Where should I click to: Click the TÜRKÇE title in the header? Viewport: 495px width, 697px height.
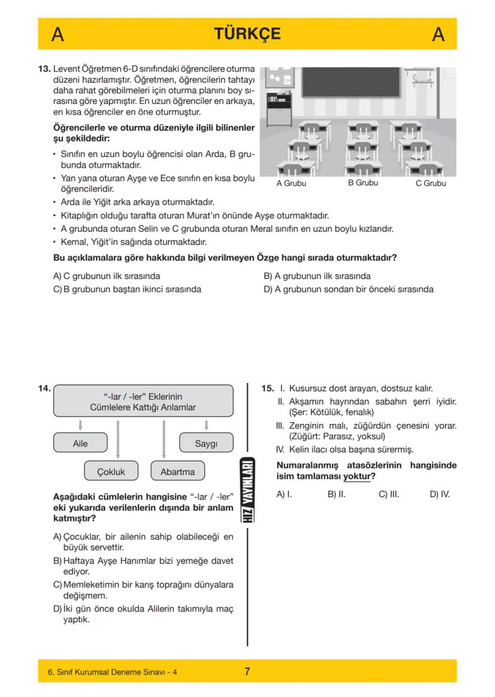[247, 34]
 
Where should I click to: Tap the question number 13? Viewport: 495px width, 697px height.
[45, 69]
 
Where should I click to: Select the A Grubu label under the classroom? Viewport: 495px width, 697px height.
[291, 183]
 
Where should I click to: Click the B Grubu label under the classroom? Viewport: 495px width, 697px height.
[363, 183]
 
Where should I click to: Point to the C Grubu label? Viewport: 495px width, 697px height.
[430, 183]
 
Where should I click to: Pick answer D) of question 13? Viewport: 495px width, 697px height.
[348, 290]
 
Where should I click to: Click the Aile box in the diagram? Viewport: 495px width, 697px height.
[80, 444]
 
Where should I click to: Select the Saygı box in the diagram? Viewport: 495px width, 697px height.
[206, 444]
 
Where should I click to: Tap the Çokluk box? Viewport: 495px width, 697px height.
[111, 471]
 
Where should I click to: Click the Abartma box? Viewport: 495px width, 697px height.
[178, 471]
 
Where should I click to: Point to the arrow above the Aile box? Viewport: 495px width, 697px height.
[80, 425]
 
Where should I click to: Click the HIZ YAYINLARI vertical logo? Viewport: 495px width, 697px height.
[247, 490]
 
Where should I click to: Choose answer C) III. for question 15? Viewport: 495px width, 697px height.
[389, 495]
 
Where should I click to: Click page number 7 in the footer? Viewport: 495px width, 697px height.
[247, 671]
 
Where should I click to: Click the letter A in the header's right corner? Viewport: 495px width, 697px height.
[438, 35]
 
